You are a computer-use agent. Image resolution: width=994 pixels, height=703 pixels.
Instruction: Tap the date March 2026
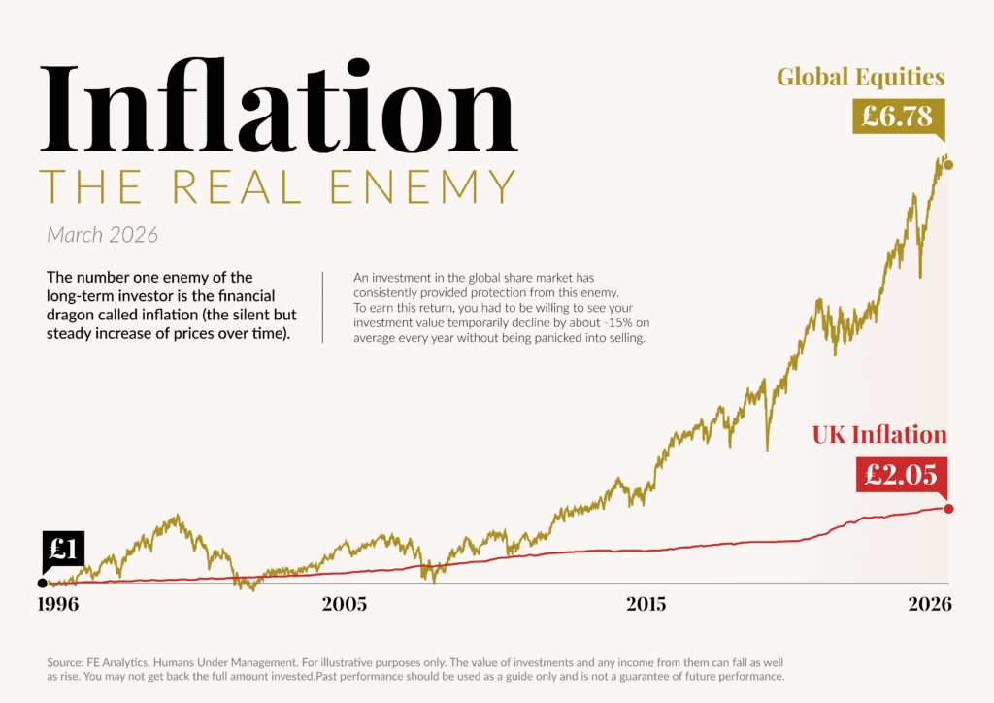102,235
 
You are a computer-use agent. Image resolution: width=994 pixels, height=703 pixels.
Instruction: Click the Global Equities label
860,77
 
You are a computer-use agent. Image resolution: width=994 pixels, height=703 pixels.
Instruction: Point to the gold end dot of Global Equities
948,165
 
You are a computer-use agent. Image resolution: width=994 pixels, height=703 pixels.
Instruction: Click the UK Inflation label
878,434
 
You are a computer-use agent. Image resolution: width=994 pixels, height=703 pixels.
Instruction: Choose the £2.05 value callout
900,474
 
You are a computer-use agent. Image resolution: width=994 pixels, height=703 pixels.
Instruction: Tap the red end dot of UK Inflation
948,509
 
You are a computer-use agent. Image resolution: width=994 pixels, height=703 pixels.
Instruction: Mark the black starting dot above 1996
42,584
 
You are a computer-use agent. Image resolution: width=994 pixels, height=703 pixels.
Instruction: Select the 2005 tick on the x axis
344,604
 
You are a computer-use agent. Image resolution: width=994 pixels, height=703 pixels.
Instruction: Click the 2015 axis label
646,604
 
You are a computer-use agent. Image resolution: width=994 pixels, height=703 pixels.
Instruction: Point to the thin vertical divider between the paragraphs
321,308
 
